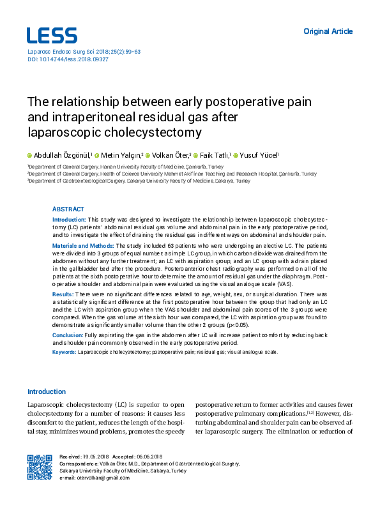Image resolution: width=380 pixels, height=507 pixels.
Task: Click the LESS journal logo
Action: pos(52,36)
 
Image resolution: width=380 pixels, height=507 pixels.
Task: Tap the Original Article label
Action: pos(328,31)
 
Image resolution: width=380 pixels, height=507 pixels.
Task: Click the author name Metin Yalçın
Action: pos(122,155)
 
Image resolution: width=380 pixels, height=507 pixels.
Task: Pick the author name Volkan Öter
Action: pos(171,155)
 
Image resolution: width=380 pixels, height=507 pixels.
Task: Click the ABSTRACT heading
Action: pos(67,209)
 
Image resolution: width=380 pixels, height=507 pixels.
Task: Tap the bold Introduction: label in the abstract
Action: pos(68,219)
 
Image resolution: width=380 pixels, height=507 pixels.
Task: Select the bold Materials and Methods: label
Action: pos(82,245)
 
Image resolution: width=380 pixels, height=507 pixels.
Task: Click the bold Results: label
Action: pos(63,292)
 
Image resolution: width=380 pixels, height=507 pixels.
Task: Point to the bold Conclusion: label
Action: pos(67,335)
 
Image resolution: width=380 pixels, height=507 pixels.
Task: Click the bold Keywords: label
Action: pos(64,352)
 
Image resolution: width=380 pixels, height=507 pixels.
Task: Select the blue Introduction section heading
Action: pos(46,391)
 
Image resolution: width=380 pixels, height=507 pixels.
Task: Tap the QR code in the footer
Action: pos(40,467)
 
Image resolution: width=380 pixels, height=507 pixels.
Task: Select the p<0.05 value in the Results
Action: pos(236,324)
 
